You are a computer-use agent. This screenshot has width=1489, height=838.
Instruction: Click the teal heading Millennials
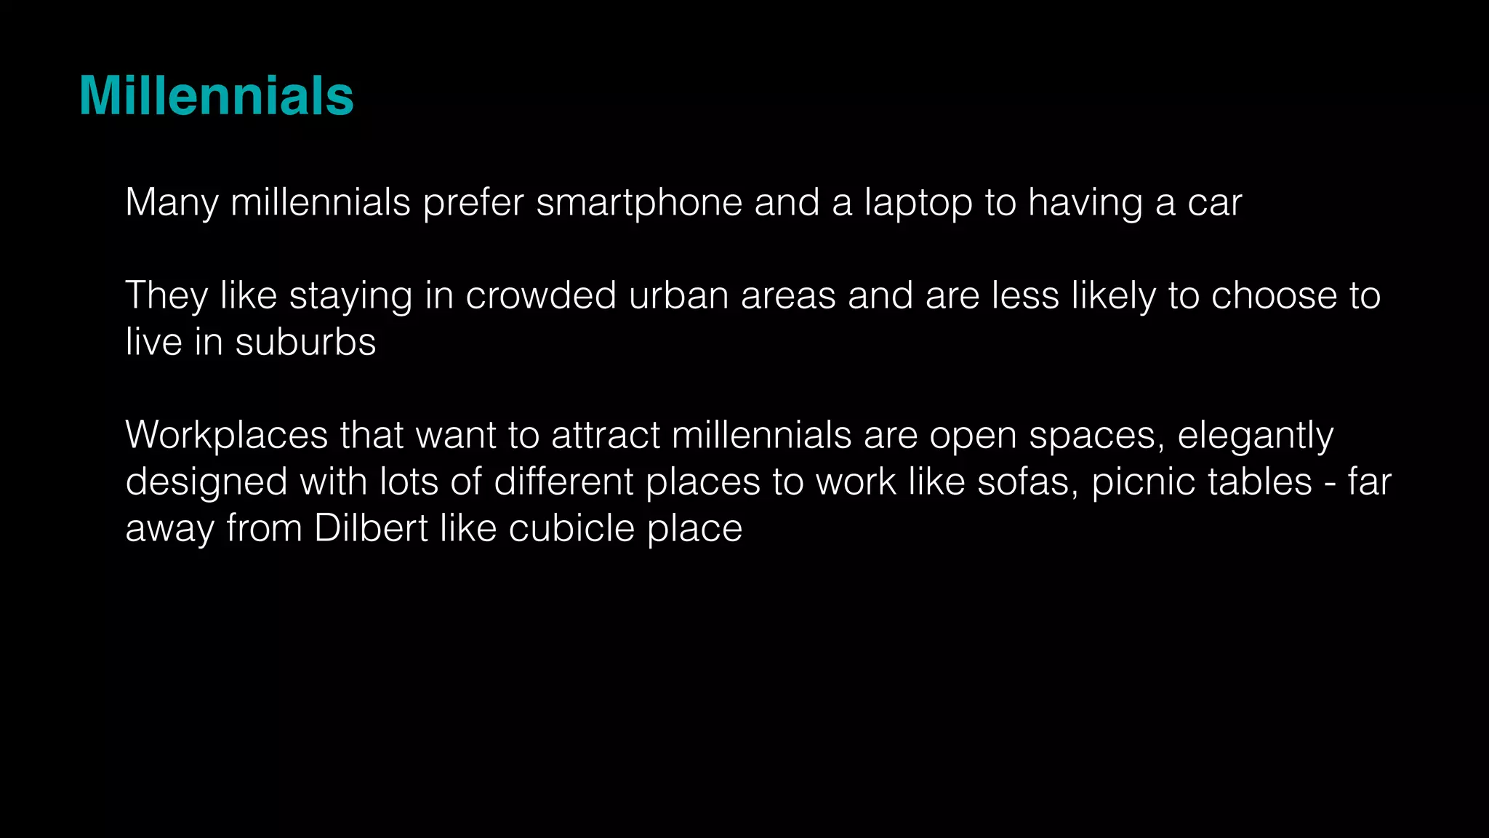coord(216,96)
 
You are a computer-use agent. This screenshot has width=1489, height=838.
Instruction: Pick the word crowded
coord(541,295)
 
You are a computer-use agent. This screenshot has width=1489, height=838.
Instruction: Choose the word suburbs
coord(305,342)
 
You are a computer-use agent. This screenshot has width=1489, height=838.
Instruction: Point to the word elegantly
coord(1255,436)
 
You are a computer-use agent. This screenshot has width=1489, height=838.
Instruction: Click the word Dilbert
coord(371,528)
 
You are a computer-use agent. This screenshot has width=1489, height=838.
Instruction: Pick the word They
coord(166,295)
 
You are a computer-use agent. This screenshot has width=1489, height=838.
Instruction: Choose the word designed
coord(206,483)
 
